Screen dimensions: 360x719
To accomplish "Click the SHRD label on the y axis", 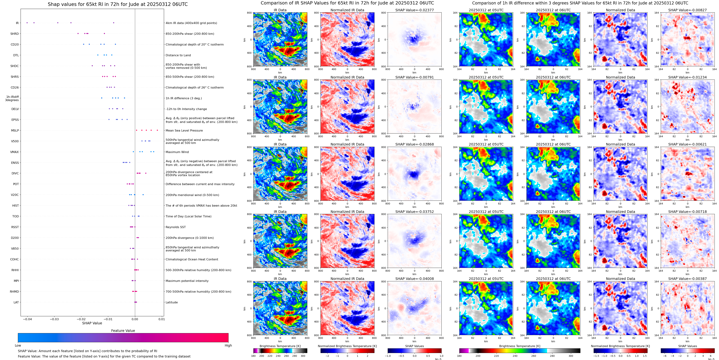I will [x=15, y=34].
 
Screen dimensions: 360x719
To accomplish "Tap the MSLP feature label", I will [x=15, y=130].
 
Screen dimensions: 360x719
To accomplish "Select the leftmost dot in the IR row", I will [x=27, y=23].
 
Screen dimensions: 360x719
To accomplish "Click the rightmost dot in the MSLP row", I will [x=157, y=130].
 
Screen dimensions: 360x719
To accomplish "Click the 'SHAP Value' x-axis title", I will [x=92, y=323].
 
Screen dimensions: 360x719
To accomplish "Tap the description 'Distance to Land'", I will [x=178, y=55].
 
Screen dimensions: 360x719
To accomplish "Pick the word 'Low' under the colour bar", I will [x=18, y=345].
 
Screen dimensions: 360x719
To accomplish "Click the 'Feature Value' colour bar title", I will [x=123, y=331].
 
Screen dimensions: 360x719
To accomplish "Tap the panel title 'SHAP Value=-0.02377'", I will [x=415, y=10].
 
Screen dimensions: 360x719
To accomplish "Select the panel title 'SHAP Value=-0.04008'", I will [x=415, y=279].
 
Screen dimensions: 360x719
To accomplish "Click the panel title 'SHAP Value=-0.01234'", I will [x=687, y=77].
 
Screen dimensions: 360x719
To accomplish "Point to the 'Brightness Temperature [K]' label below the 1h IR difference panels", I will [x=520, y=346].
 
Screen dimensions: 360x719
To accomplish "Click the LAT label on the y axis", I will [x=16, y=302].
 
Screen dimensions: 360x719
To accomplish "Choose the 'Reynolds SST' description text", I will [x=175, y=227].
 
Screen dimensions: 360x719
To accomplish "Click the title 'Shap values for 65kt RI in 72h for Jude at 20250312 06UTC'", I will [x=117, y=4].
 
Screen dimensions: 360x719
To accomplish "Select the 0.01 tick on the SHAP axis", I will [x=162, y=319].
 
